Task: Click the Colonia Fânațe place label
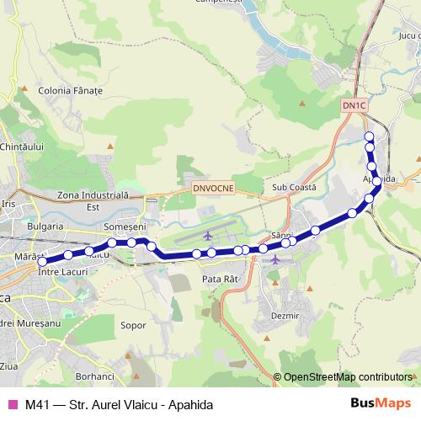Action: point(70,88)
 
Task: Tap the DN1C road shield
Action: point(355,104)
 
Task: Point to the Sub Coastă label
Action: point(294,187)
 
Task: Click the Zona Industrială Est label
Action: point(90,200)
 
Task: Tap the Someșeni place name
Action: point(124,226)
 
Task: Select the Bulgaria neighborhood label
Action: point(45,226)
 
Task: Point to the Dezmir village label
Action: point(286,315)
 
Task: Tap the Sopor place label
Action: point(134,323)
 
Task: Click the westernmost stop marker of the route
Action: point(40,262)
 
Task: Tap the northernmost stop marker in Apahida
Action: point(368,136)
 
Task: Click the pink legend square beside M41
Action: point(12,404)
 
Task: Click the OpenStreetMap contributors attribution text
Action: point(347,376)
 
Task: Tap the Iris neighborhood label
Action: point(9,204)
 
